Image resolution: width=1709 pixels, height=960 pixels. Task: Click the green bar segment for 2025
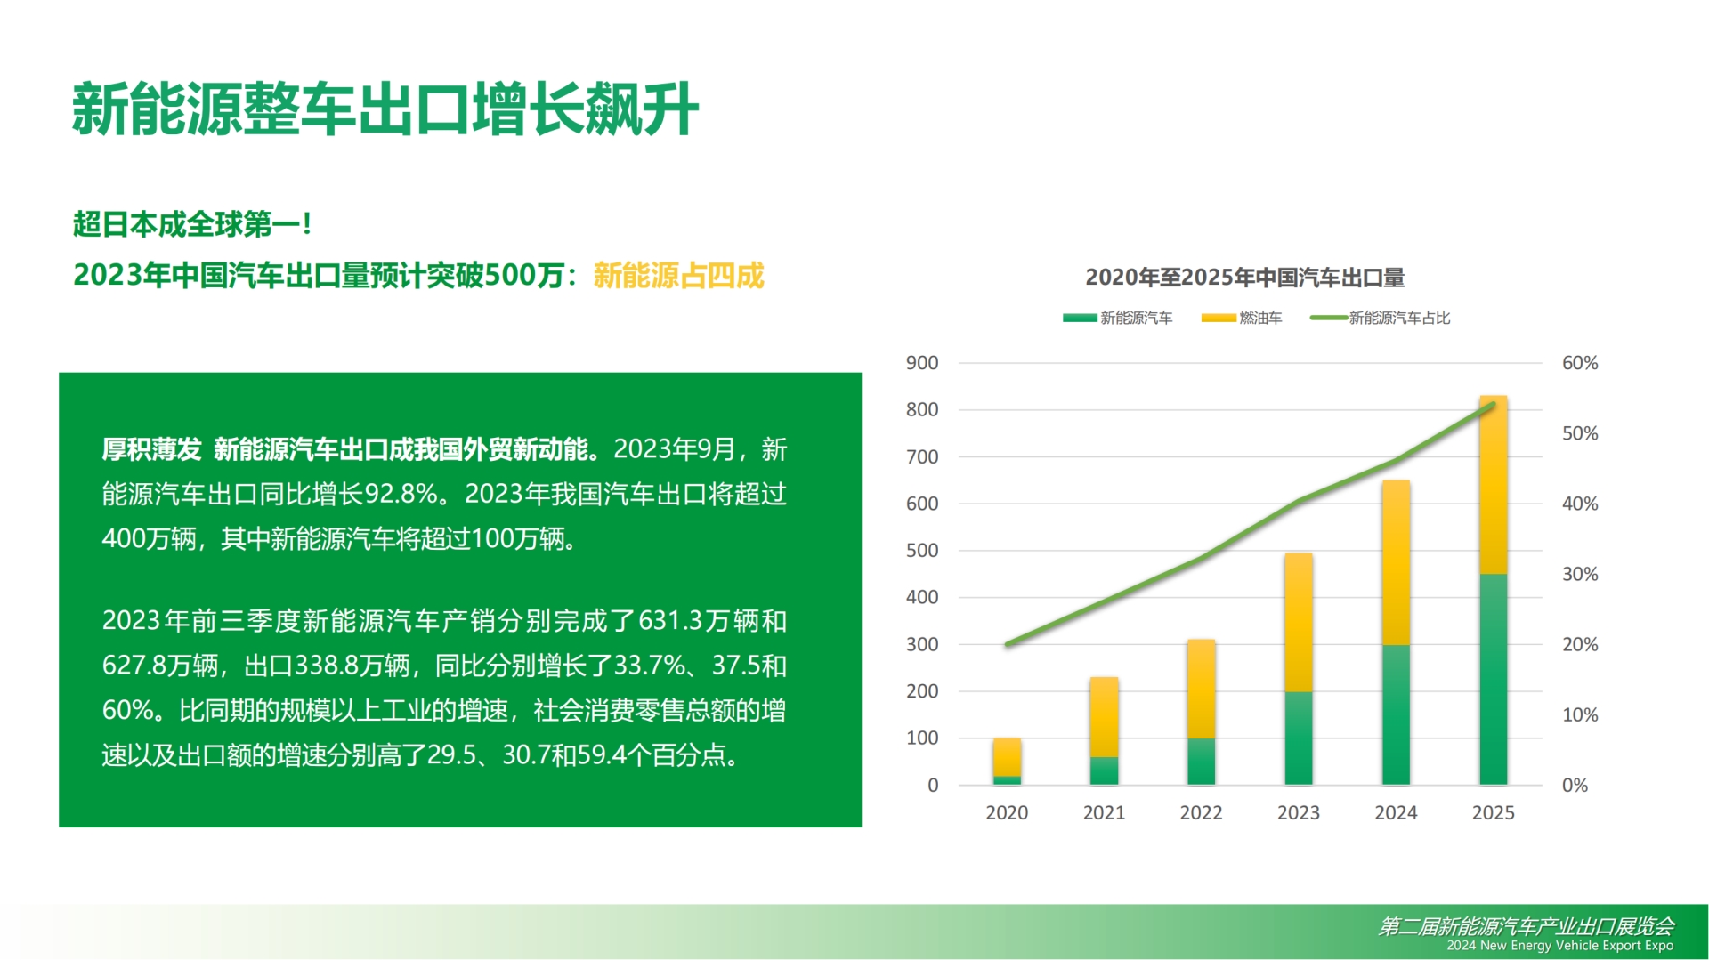click(1493, 679)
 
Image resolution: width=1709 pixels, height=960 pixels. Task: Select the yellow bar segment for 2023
click(1298, 623)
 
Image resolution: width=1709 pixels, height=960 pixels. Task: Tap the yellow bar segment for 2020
click(1007, 757)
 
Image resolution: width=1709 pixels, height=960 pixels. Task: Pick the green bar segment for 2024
click(1396, 714)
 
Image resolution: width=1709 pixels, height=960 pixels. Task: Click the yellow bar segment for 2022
click(1201, 689)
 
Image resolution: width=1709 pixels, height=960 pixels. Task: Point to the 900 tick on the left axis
click(922, 363)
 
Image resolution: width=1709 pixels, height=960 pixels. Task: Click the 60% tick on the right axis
click(1580, 363)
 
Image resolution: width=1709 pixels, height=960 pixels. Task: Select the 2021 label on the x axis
click(1104, 812)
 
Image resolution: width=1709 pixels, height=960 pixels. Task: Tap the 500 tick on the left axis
click(922, 551)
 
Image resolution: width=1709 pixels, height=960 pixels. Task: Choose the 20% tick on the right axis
click(1580, 644)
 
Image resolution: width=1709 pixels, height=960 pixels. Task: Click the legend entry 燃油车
click(1242, 318)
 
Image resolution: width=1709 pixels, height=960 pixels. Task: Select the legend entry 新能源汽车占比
click(1380, 318)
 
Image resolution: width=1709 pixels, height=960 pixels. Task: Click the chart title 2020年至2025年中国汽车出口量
click(1244, 278)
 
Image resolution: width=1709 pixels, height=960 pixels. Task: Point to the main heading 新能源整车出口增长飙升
click(385, 109)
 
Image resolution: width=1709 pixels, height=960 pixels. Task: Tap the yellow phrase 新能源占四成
click(678, 276)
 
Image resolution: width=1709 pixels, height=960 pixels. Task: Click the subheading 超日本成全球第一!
click(192, 224)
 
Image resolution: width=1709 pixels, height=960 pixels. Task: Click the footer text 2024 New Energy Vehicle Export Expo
click(1559, 946)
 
